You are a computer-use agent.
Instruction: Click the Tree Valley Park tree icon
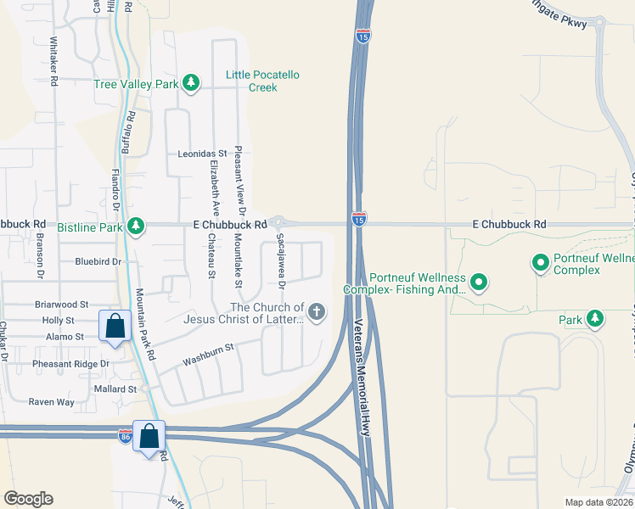click(x=193, y=82)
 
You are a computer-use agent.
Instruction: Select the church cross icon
click(x=317, y=312)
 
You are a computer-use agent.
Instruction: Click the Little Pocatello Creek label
click(x=262, y=81)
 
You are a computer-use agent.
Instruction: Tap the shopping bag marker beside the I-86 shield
click(x=149, y=438)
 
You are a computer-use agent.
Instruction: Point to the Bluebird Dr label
click(x=98, y=262)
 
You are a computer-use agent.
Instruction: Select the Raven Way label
click(x=52, y=402)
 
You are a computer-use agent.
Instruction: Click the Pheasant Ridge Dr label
click(x=71, y=364)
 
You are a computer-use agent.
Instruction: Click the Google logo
click(x=27, y=499)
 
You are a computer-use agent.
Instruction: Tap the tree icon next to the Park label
click(x=596, y=318)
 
